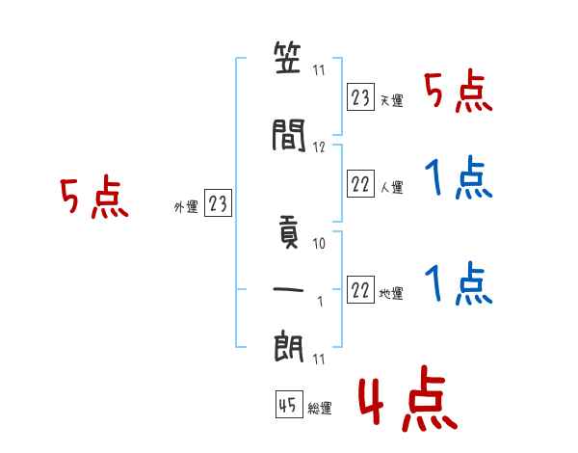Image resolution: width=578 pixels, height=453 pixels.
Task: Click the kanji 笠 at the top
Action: click(287, 58)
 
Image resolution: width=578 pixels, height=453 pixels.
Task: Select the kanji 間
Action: click(289, 135)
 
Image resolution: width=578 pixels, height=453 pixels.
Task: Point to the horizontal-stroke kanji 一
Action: click(288, 289)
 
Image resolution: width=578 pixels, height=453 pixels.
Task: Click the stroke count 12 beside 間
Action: click(319, 147)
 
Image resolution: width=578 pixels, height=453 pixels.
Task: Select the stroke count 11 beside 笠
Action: click(319, 70)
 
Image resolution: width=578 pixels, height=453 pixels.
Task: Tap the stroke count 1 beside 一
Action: click(321, 302)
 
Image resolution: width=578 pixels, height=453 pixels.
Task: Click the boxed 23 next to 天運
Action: click(360, 97)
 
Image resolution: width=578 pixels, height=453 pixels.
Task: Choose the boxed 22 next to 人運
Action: click(360, 183)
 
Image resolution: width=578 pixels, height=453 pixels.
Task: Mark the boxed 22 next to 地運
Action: click(360, 289)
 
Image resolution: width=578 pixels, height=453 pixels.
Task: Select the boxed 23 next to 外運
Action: click(218, 202)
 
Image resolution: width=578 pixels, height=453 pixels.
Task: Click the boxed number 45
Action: click(289, 404)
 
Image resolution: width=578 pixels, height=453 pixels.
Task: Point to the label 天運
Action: click(391, 100)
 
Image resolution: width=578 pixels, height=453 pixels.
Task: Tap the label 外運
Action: click(186, 206)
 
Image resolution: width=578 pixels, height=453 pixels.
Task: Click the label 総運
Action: click(320, 408)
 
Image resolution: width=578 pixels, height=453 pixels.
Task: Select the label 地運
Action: click(391, 293)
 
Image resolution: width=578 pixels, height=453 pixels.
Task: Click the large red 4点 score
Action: click(408, 398)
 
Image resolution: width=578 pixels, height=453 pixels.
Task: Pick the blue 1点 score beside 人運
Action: click(459, 177)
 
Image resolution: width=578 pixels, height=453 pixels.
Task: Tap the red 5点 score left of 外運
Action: click(94, 197)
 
